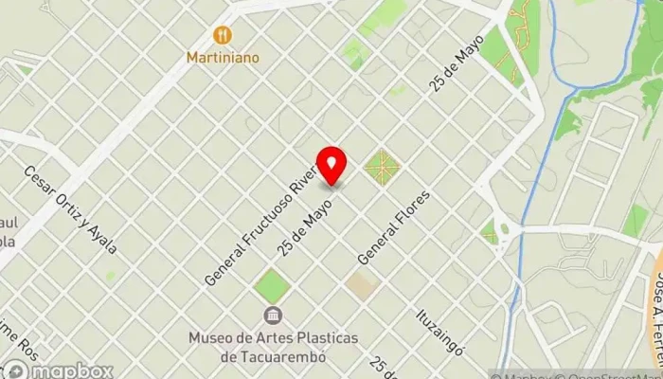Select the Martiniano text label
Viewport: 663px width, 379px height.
(223, 58)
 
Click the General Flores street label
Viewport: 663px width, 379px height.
(393, 227)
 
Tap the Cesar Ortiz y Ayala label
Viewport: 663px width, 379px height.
(71, 210)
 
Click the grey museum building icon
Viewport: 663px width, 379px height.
(272, 316)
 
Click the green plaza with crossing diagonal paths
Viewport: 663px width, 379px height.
(382, 168)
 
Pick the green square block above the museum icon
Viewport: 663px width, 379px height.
(272, 285)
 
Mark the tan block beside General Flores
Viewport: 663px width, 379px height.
(361, 283)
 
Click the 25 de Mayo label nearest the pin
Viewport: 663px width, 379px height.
(305, 226)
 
